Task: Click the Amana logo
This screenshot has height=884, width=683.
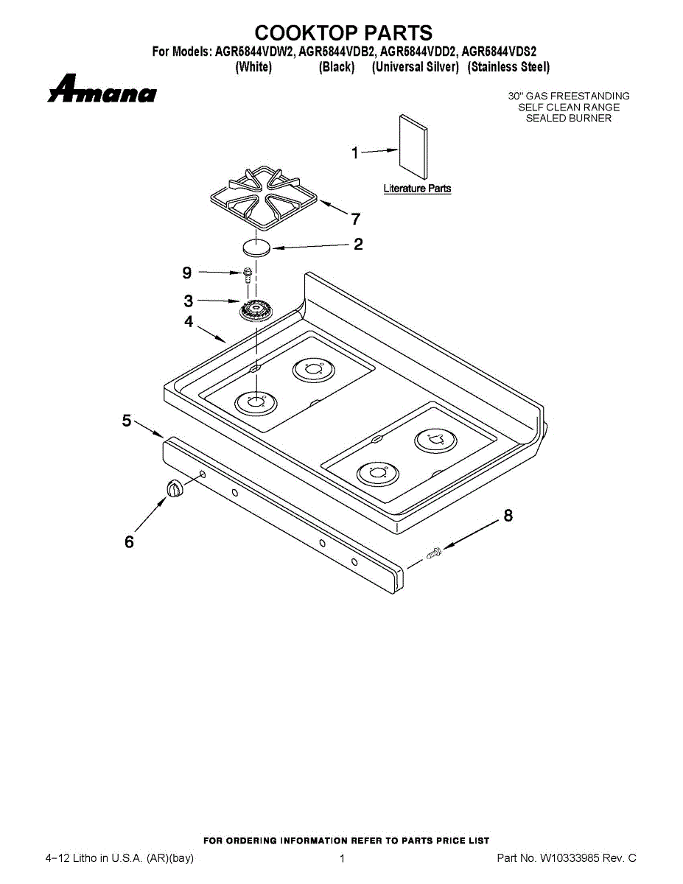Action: pos(102,89)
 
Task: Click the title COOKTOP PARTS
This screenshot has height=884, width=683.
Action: pos(343,33)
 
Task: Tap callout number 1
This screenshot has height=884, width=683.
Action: pos(355,153)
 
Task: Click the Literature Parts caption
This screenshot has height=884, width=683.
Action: pos(417,189)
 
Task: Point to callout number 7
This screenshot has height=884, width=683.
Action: pos(355,219)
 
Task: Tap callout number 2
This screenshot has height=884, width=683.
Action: pos(358,245)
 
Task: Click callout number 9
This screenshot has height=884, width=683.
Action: pos(187,273)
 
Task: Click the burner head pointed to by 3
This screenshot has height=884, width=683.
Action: pos(255,309)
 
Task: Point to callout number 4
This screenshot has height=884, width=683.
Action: pos(189,322)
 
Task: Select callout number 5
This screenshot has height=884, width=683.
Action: pos(127,421)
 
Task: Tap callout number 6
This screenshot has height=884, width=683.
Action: pos(129,542)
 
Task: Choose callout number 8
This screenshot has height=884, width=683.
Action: pos(508,516)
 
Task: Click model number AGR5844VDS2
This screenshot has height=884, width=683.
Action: pos(499,52)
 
